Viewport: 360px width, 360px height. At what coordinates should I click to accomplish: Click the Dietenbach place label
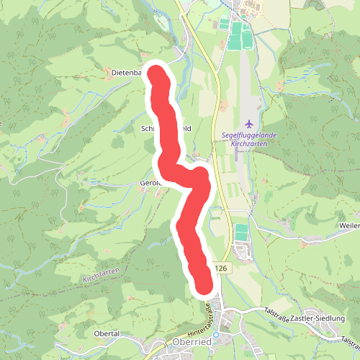(x=128, y=73)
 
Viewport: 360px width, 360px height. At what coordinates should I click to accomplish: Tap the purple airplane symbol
(x=249, y=124)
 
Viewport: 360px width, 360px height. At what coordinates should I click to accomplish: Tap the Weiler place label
(x=348, y=226)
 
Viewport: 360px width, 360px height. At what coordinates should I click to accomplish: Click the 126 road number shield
(x=220, y=268)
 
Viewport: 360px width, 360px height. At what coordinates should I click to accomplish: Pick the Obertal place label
(x=106, y=334)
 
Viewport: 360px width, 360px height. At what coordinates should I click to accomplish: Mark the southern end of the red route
(x=204, y=284)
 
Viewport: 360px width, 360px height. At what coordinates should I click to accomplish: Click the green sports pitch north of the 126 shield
(x=241, y=233)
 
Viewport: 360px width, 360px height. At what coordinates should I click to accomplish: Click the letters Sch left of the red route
(x=148, y=127)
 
